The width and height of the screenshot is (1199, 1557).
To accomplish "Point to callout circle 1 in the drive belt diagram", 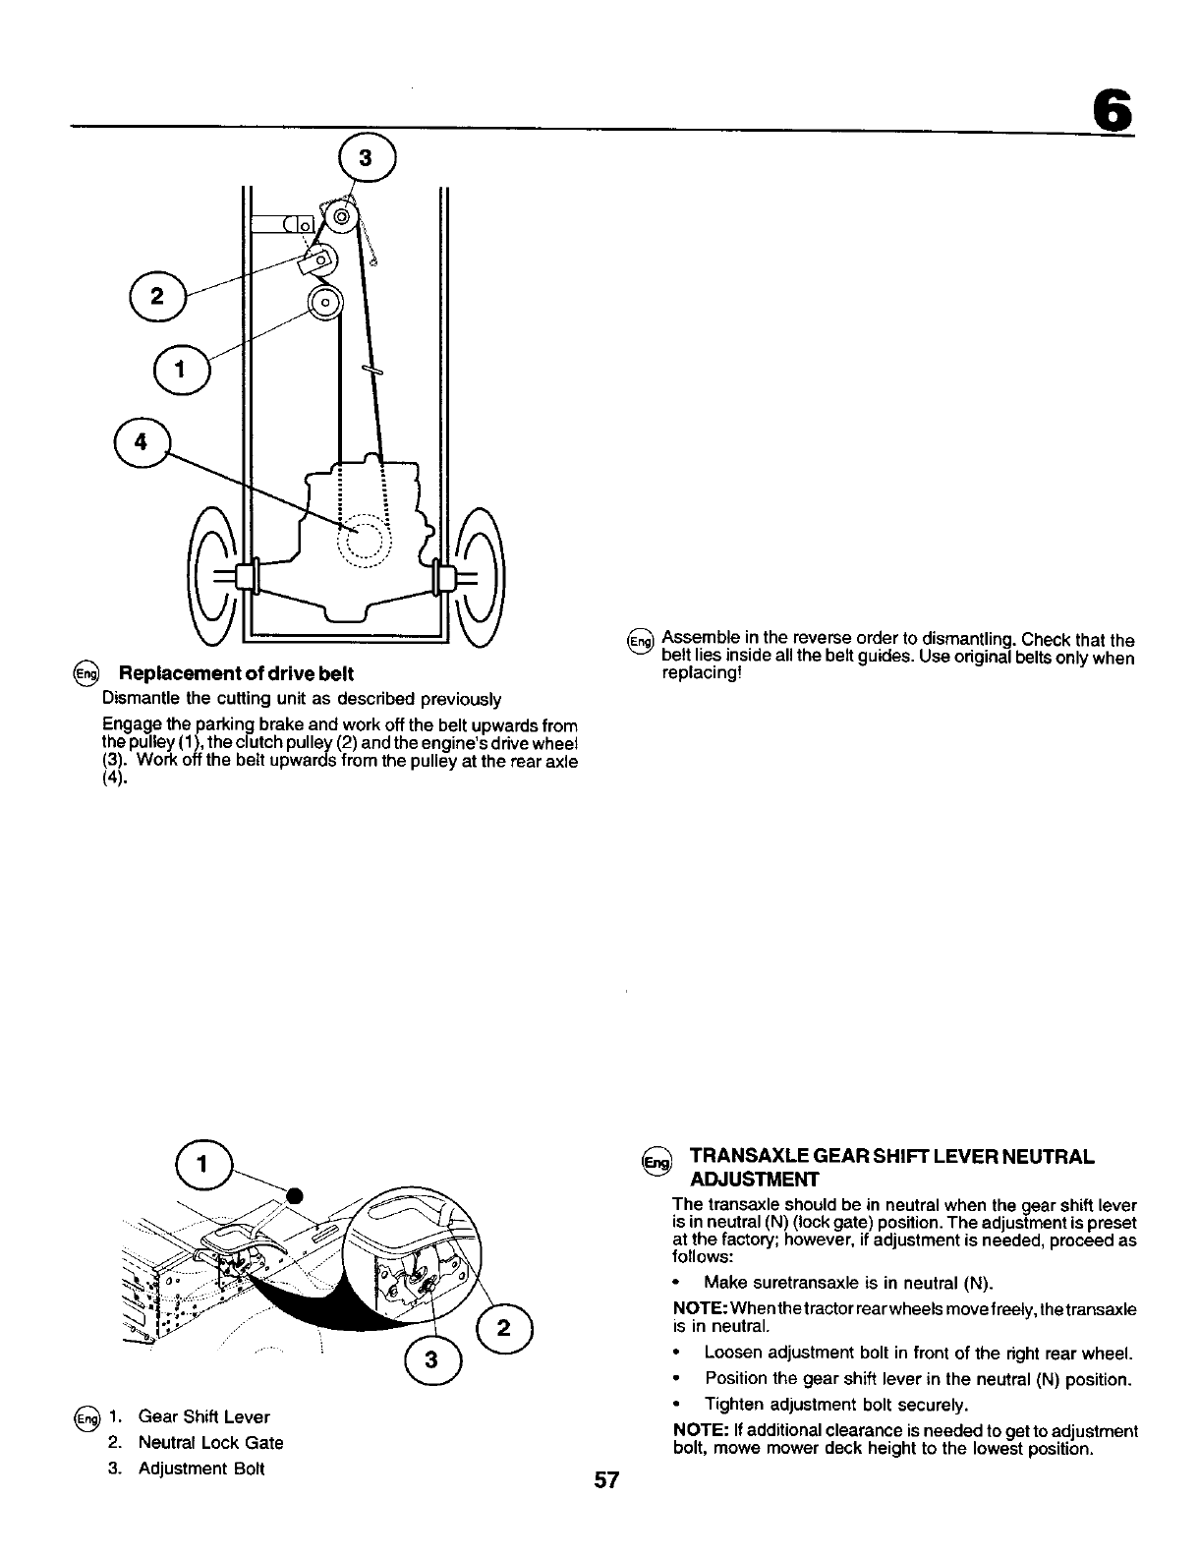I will click(181, 371).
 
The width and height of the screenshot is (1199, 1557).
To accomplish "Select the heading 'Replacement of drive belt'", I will click(236, 674).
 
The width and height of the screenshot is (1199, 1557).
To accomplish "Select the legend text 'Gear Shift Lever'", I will click(203, 1416).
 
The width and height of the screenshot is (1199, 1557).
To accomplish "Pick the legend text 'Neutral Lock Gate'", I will click(210, 1443).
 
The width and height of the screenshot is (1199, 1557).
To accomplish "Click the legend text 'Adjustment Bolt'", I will click(201, 1470).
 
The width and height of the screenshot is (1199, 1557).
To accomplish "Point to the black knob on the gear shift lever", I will click(293, 1195).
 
